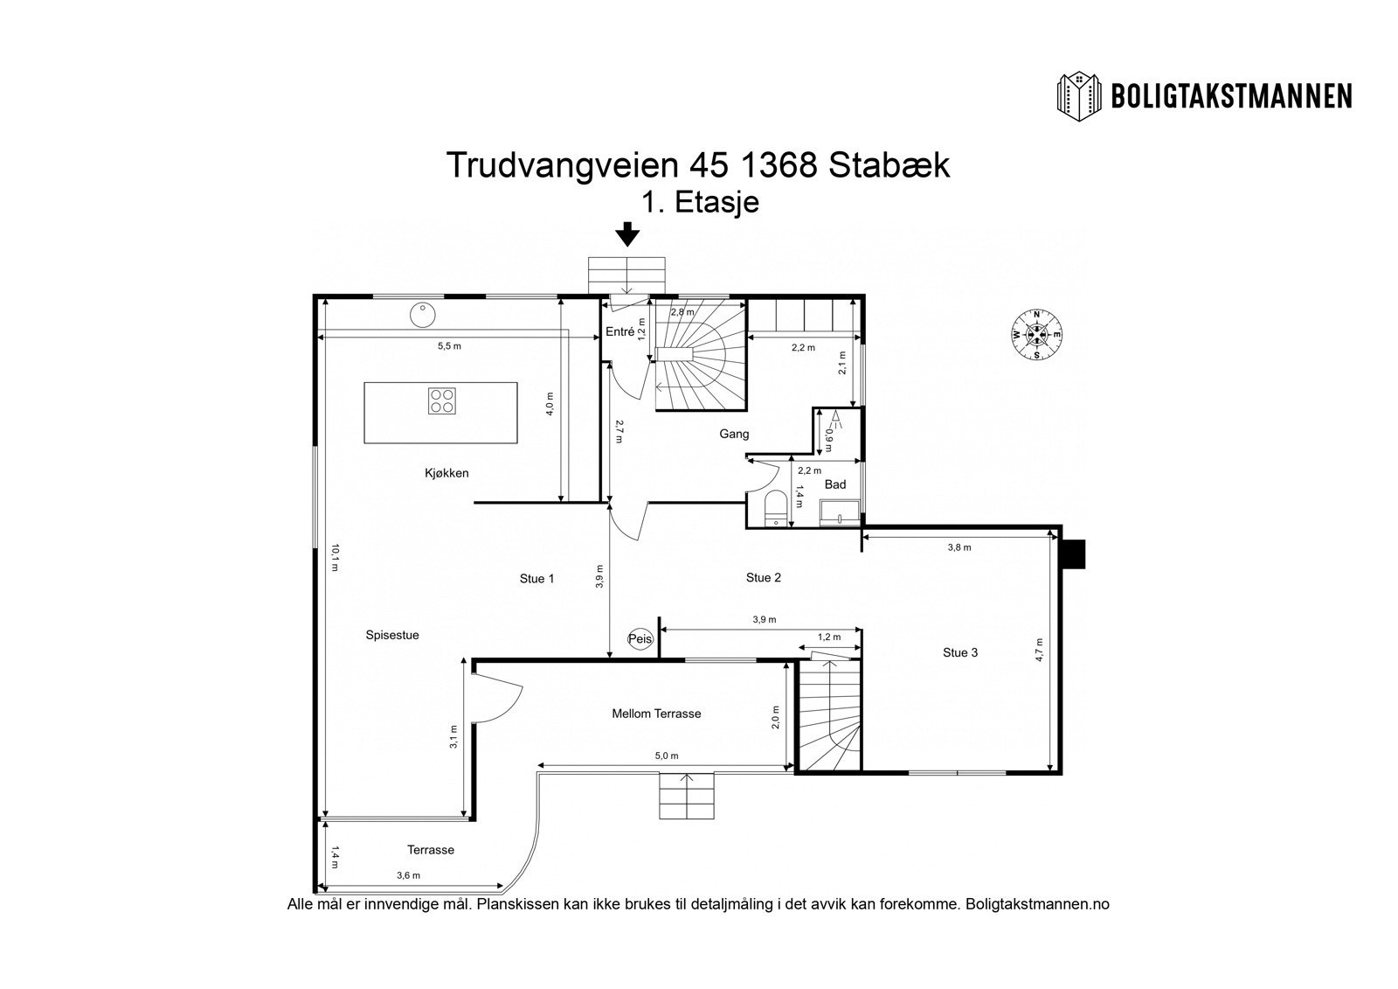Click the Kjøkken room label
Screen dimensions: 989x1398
pyautogui.click(x=446, y=473)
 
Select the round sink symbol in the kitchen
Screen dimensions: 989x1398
pyautogui.click(x=423, y=314)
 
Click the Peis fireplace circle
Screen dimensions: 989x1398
pyautogui.click(x=640, y=639)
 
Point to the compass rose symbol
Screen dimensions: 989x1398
pyautogui.click(x=1036, y=335)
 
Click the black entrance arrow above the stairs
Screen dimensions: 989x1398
pyautogui.click(x=626, y=234)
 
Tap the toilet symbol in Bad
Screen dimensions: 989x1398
pyautogui.click(x=774, y=507)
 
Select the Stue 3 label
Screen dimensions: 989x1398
pyautogui.click(x=960, y=652)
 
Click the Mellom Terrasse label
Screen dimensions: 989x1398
pyautogui.click(x=656, y=714)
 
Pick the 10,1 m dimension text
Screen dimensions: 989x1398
pyautogui.click(x=335, y=558)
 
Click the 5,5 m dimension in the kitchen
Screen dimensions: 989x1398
pyautogui.click(x=449, y=346)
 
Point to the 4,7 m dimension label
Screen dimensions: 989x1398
pyautogui.click(x=1040, y=650)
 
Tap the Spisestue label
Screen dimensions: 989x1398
pyautogui.click(x=392, y=635)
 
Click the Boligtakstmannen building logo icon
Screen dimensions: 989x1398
pyautogui.click(x=1080, y=95)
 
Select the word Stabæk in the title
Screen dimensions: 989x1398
pyautogui.click(x=889, y=164)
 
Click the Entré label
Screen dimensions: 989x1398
pyautogui.click(x=619, y=331)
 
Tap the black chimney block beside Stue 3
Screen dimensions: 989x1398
pyautogui.click(x=1072, y=554)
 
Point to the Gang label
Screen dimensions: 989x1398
pyautogui.click(x=734, y=434)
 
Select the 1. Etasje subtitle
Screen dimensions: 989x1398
pyautogui.click(x=699, y=203)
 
